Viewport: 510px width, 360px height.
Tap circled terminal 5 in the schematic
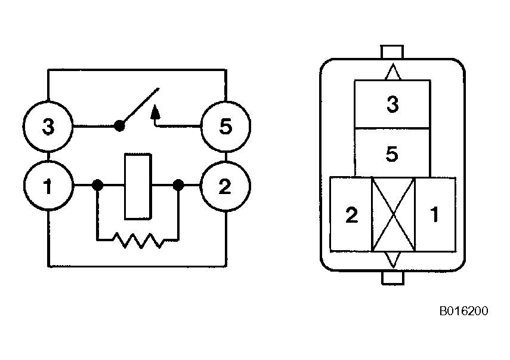225,127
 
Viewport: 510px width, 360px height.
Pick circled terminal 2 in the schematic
225,186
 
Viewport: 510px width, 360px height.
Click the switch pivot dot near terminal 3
119,126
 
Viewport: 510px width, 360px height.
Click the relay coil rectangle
138,186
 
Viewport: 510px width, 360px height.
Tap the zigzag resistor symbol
138,240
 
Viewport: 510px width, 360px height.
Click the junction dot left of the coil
98,186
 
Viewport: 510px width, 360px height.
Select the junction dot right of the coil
178,186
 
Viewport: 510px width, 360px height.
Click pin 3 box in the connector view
392,104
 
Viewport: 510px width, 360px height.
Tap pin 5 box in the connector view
392,153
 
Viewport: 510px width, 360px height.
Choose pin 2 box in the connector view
351,214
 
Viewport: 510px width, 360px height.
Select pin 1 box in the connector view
435,214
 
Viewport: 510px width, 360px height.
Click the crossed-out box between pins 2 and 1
393,214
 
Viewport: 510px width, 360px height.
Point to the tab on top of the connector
392,52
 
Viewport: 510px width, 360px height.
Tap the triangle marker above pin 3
392,72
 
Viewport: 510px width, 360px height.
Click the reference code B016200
464,311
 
